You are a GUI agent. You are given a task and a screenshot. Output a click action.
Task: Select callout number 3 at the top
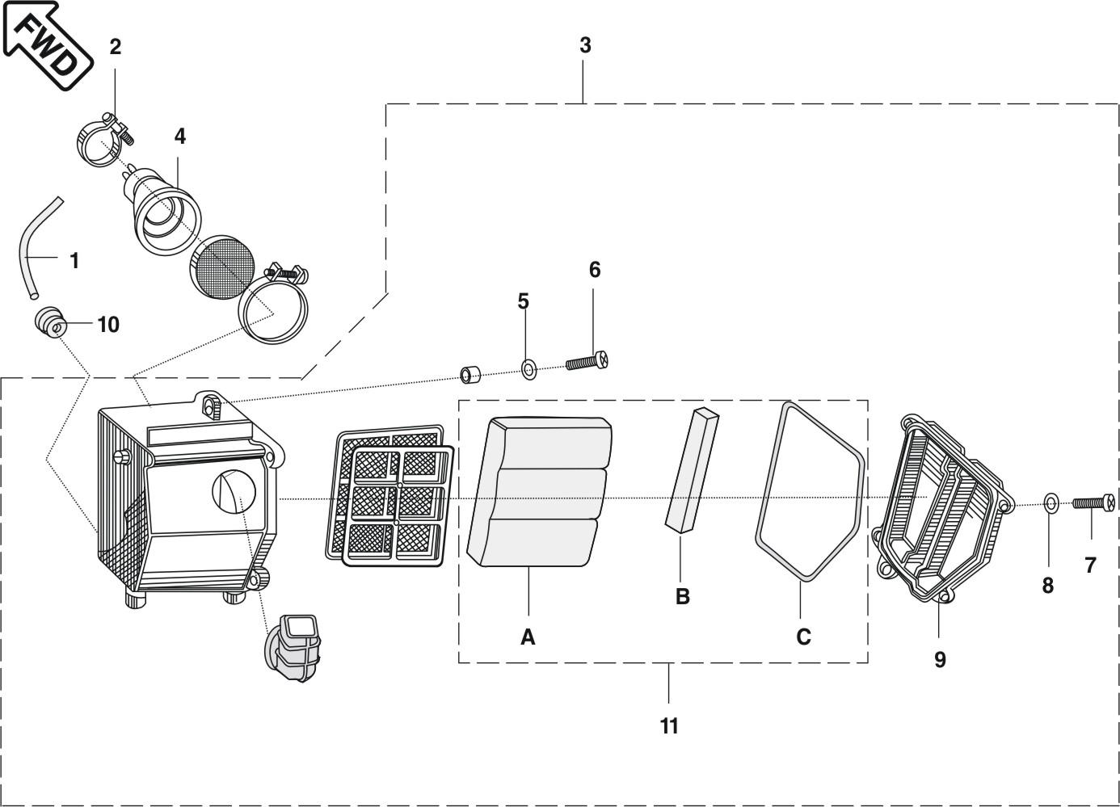(585, 46)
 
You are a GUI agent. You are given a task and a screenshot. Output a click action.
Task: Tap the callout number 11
(669, 726)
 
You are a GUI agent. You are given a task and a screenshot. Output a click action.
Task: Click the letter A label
(528, 637)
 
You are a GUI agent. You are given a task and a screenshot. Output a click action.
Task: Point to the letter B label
(683, 597)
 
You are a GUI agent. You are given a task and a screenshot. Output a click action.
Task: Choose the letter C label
(803, 637)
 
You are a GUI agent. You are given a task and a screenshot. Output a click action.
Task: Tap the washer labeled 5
(528, 371)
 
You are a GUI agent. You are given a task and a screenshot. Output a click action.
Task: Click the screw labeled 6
(587, 361)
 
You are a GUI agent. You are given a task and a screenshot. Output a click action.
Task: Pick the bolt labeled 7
(1094, 503)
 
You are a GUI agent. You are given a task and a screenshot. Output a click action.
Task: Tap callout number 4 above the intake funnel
(179, 137)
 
